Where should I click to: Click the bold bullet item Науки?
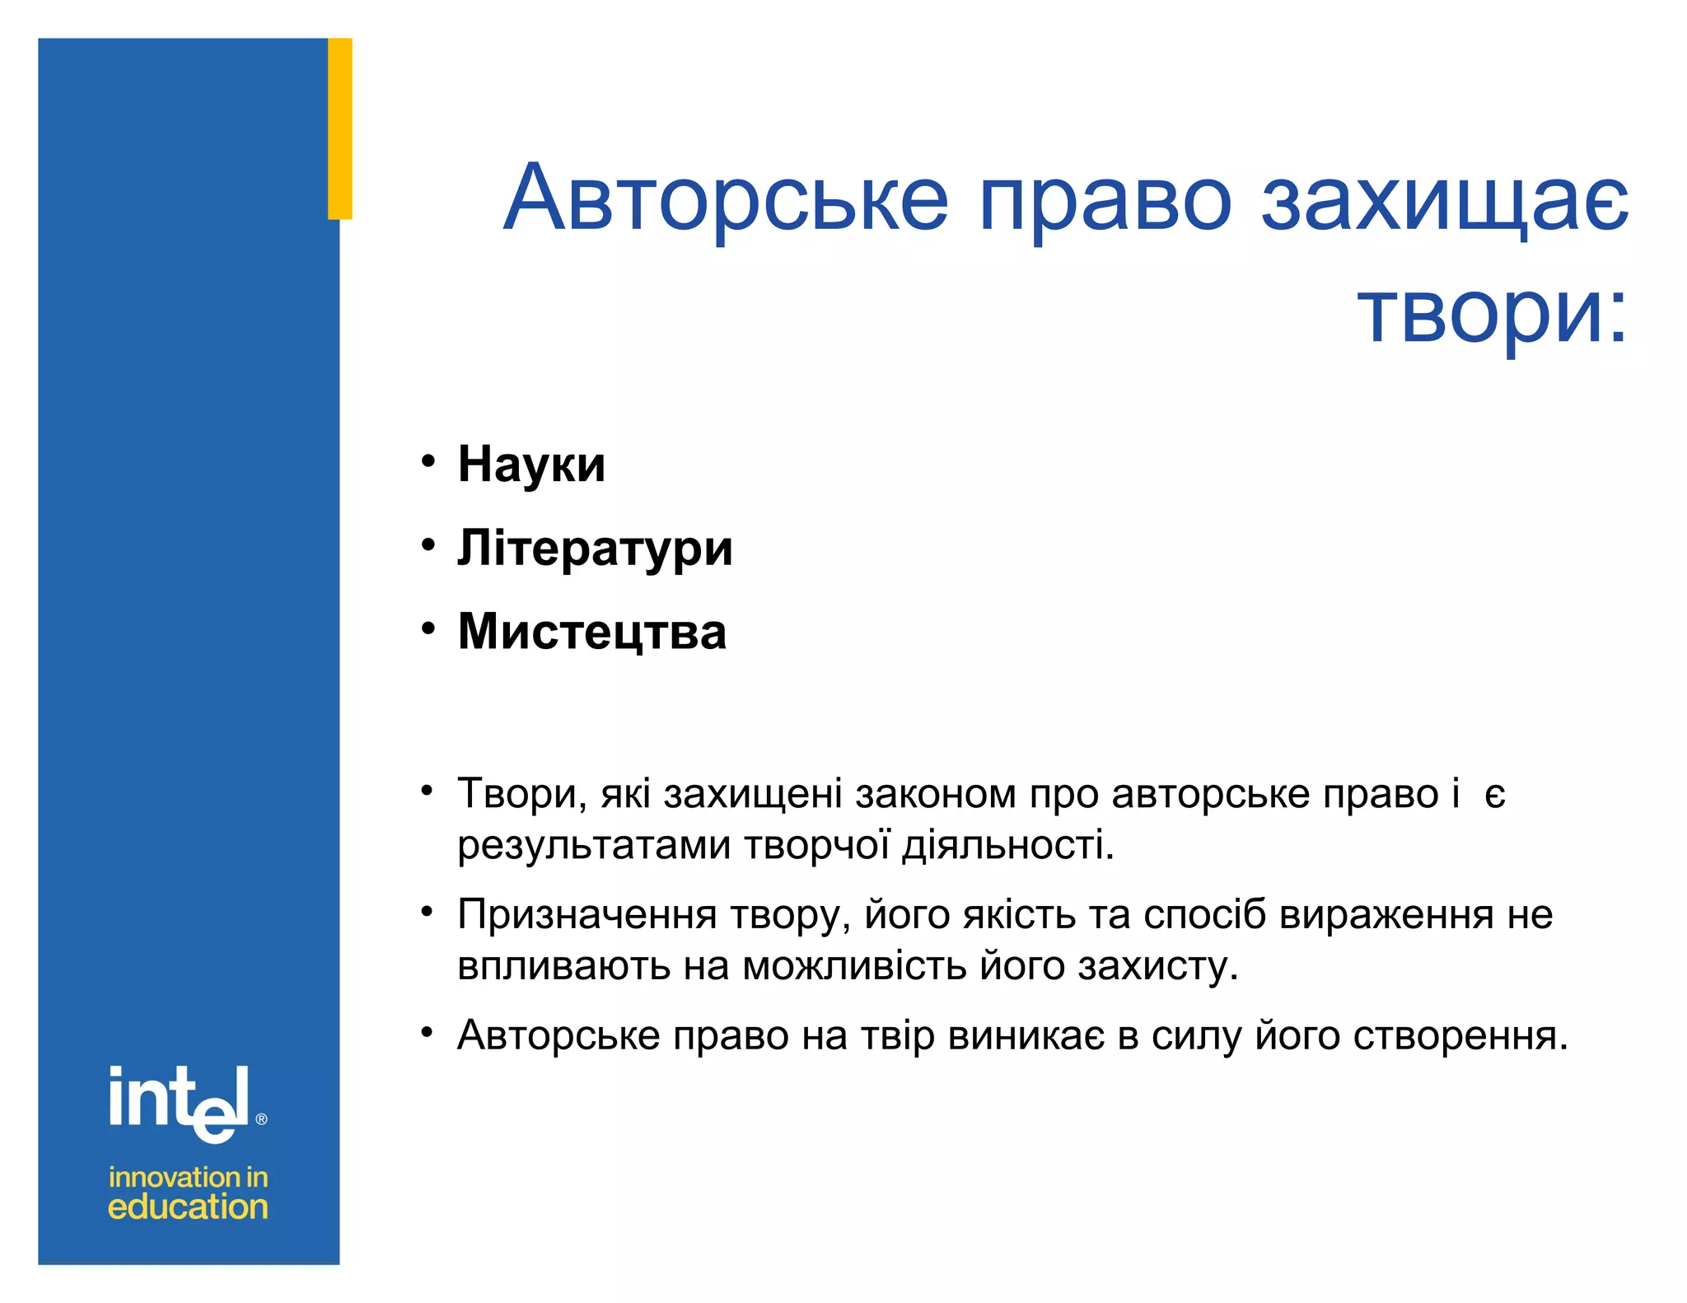tap(531, 465)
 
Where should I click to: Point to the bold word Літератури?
tap(595, 549)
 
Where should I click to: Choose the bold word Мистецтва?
tap(592, 632)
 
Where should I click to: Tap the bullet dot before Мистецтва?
tap(428, 628)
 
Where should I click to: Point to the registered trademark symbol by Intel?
tap(262, 1119)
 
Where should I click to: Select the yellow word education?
tap(188, 1207)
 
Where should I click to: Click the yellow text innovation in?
tap(188, 1177)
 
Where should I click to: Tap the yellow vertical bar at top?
tap(340, 128)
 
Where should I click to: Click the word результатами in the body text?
tap(594, 846)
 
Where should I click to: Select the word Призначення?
tap(586, 915)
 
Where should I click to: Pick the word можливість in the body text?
tap(854, 966)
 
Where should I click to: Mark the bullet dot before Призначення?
tap(428, 912)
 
